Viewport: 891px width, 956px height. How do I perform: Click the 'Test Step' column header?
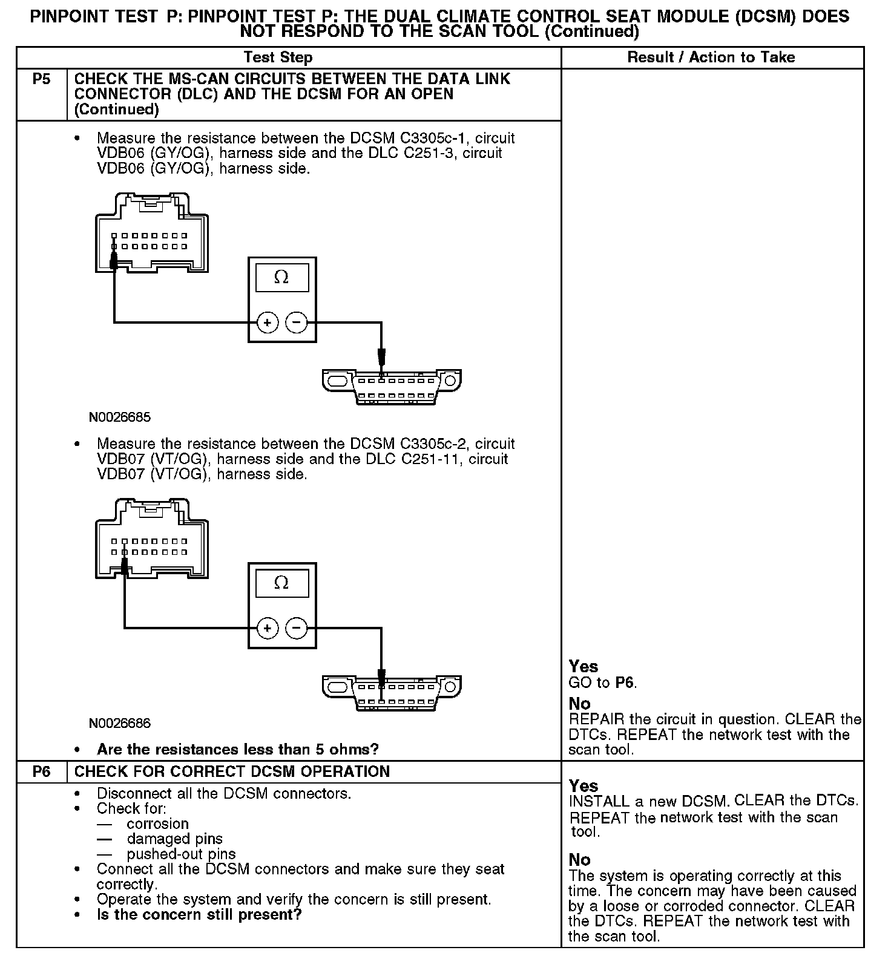(x=278, y=57)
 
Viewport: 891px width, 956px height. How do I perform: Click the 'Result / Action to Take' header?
(x=711, y=57)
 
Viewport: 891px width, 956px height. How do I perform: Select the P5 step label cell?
(x=41, y=79)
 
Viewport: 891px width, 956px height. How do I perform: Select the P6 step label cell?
(x=41, y=771)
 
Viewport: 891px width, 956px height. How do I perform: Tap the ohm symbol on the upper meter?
(x=281, y=277)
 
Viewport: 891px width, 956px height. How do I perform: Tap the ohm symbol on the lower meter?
(x=281, y=583)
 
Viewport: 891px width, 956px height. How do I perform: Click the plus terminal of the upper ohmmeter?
(x=267, y=322)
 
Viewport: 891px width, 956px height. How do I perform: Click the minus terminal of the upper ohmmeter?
(x=296, y=322)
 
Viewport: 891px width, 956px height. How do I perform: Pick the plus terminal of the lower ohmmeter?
(x=267, y=628)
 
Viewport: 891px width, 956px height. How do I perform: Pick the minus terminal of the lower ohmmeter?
(x=296, y=628)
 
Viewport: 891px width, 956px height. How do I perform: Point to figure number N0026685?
(x=120, y=417)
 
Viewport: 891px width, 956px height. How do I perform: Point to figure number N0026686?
(x=120, y=723)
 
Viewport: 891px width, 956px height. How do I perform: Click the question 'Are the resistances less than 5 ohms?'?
(x=237, y=750)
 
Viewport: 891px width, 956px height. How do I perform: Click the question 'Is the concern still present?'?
(x=199, y=914)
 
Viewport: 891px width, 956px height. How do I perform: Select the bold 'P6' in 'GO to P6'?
(x=625, y=683)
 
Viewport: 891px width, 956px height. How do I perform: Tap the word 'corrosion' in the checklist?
(x=157, y=824)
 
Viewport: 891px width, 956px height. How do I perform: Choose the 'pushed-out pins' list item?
(x=181, y=854)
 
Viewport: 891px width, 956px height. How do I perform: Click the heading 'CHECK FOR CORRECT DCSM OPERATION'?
(x=232, y=771)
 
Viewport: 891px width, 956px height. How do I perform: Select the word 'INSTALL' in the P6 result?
(x=599, y=802)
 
